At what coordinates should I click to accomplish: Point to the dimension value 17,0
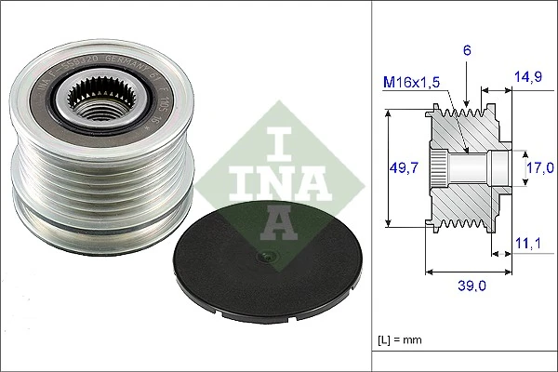pos(540,167)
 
